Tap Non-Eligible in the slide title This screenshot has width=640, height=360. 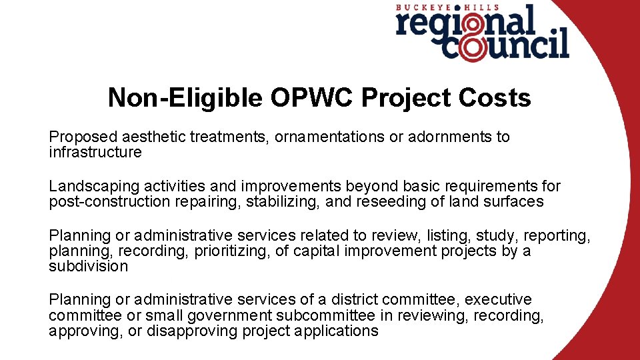(185, 98)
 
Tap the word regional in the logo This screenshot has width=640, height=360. (467, 23)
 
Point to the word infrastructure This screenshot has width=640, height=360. (95, 153)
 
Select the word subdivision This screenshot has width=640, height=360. (88, 267)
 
